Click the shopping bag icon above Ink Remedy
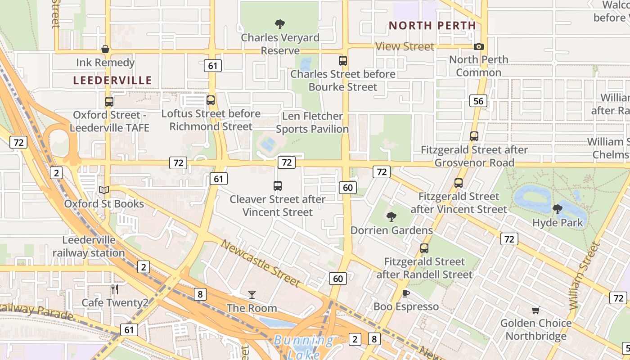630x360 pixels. [x=105, y=49]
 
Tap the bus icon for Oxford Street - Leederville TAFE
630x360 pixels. [x=109, y=102]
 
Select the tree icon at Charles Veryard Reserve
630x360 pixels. [x=280, y=24]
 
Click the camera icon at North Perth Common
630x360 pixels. [x=479, y=46]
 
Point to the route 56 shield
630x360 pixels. [x=478, y=101]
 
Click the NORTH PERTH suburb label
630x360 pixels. [x=432, y=26]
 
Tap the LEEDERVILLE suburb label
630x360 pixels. [x=112, y=81]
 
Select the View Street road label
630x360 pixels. [x=405, y=46]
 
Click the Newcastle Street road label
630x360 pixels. [x=261, y=263]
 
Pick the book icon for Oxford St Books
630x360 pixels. [x=104, y=190]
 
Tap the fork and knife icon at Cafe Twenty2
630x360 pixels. [x=115, y=289]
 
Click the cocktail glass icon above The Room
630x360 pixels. [x=252, y=295]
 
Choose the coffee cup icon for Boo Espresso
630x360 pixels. [x=406, y=293]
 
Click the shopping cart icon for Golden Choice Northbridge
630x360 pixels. [x=535, y=310]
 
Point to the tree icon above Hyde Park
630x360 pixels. [x=558, y=209]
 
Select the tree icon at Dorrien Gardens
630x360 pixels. [x=391, y=216]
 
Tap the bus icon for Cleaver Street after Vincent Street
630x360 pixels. [x=278, y=185]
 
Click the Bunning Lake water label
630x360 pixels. [x=304, y=347]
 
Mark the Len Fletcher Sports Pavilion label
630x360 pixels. [x=312, y=122]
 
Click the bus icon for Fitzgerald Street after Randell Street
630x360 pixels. [x=424, y=248]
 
